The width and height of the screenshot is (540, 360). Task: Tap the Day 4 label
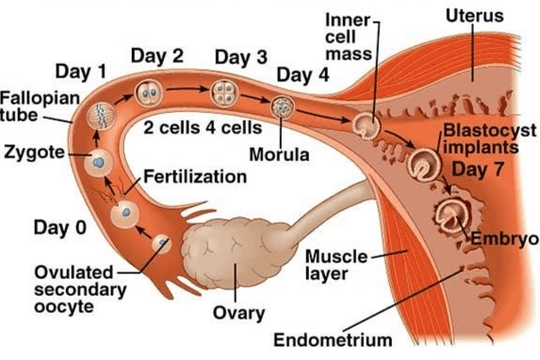[303, 74]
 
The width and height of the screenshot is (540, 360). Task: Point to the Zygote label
[31, 153]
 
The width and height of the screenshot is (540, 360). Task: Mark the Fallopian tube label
[26, 106]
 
